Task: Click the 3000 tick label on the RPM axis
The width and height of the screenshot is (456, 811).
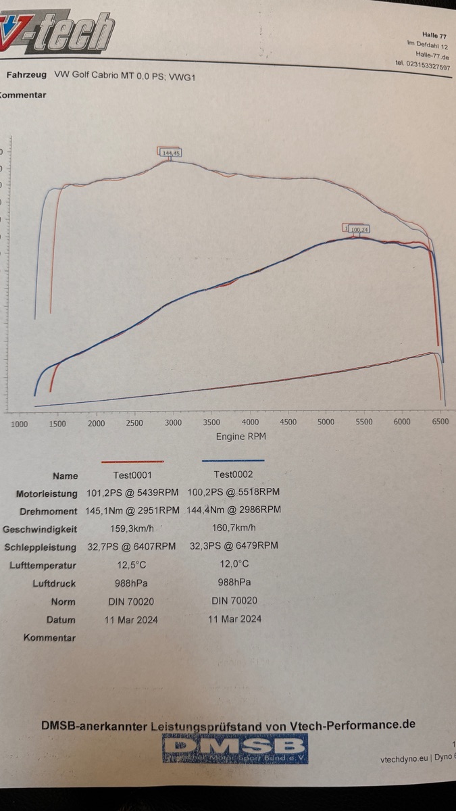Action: point(174,422)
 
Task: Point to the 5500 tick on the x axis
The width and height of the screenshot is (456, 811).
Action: point(364,422)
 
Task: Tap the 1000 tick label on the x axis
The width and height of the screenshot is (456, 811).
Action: point(20,424)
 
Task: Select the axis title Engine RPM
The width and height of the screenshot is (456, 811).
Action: point(240,437)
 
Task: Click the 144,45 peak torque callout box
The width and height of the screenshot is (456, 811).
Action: point(171,153)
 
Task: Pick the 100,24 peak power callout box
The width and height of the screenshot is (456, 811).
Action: point(359,230)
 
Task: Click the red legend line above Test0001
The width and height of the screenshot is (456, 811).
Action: point(132,462)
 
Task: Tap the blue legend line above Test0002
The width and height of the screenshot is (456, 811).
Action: point(233,461)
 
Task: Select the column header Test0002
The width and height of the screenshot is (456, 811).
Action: point(234,474)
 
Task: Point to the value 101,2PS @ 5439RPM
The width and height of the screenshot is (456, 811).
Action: point(132,493)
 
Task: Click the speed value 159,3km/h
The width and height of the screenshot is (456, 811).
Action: point(132,528)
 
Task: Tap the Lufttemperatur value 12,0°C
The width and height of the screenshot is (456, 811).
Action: point(233,564)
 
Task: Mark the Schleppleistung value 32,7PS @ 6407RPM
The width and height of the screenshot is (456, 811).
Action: point(132,545)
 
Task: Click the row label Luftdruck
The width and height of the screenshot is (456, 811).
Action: point(54,583)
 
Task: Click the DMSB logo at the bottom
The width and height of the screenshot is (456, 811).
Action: point(235,748)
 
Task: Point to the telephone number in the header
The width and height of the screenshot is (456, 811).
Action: point(423,66)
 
